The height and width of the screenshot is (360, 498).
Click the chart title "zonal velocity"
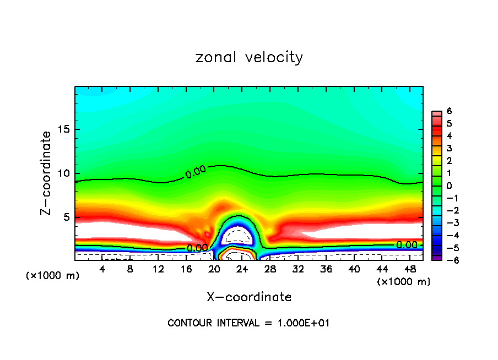pos(249,57)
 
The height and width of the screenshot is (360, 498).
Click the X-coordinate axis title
pos(249,297)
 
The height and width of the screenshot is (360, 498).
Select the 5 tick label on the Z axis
pos(66,217)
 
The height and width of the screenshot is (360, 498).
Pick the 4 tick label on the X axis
pos(102,269)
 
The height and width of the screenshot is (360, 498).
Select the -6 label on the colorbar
pos(447,260)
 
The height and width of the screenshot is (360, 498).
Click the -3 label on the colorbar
pos(447,222)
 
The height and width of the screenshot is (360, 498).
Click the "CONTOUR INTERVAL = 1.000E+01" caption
pos(249,323)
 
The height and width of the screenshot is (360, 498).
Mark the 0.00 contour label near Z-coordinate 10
pos(196,172)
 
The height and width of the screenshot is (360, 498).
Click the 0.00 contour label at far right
pos(407,245)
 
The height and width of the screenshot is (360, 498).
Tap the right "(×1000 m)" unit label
pos(403,282)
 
